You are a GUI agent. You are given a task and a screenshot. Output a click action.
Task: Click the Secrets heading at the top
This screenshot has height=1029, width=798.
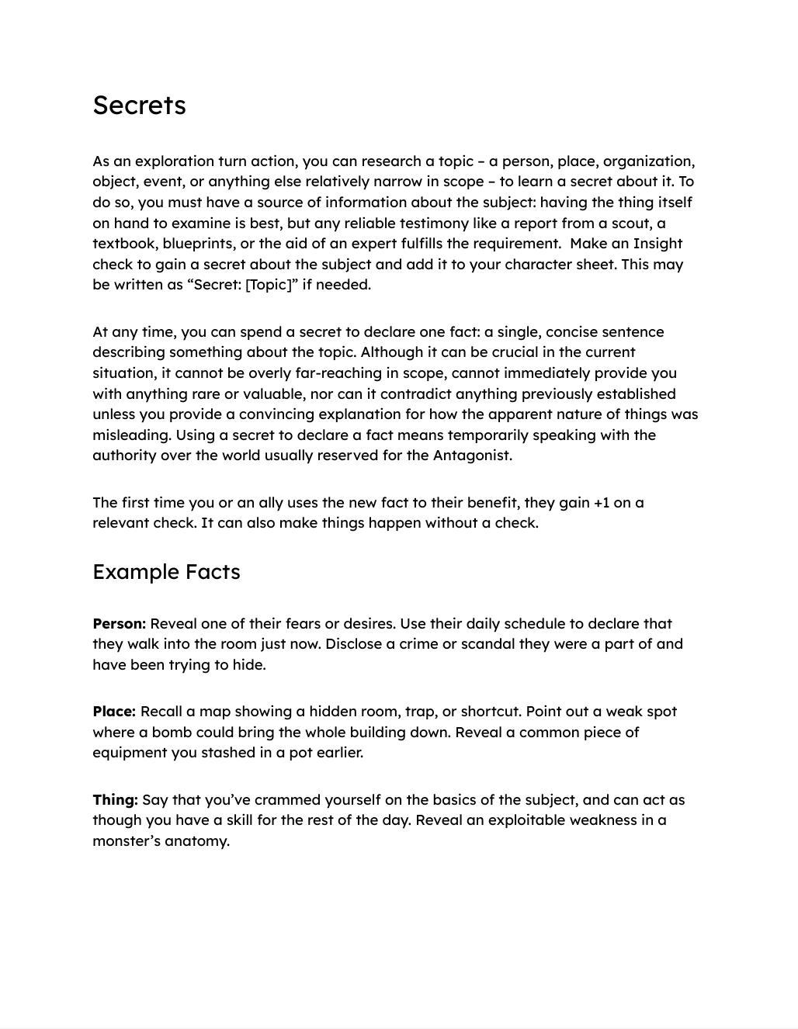[139, 106]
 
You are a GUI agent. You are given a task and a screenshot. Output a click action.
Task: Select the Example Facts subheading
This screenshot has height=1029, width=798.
[166, 572]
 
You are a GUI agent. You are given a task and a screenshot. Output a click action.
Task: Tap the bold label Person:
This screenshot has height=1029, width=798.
[119, 624]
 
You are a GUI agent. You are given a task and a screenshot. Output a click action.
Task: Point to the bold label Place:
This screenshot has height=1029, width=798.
[114, 712]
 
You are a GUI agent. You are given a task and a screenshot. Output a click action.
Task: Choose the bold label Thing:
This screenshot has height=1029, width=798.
[115, 800]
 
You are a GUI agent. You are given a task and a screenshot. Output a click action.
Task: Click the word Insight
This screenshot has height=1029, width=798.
[657, 244]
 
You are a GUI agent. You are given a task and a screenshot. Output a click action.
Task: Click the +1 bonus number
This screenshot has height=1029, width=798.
[602, 503]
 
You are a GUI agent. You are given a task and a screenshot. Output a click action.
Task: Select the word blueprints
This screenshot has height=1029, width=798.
[199, 244]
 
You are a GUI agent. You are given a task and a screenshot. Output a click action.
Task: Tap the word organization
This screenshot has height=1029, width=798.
[648, 161]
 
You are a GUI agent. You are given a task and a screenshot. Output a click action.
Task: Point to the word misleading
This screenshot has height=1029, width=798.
[131, 435]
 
